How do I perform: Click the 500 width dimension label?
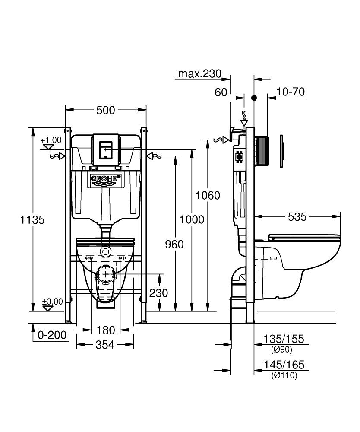(105, 111)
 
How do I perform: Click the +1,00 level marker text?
(51, 140)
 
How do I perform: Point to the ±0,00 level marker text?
(52, 301)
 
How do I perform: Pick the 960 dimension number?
(174, 245)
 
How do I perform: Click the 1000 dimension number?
(192, 219)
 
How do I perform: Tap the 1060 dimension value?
(208, 195)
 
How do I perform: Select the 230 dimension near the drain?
(158, 293)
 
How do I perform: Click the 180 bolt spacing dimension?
(105, 330)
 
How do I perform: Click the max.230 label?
(199, 74)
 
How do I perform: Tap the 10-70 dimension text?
(291, 92)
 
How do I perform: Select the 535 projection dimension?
(297, 216)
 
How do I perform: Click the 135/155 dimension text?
(284, 339)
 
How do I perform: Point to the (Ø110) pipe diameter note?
(284, 376)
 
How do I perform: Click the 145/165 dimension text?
(284, 365)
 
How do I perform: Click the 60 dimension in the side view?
(221, 92)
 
